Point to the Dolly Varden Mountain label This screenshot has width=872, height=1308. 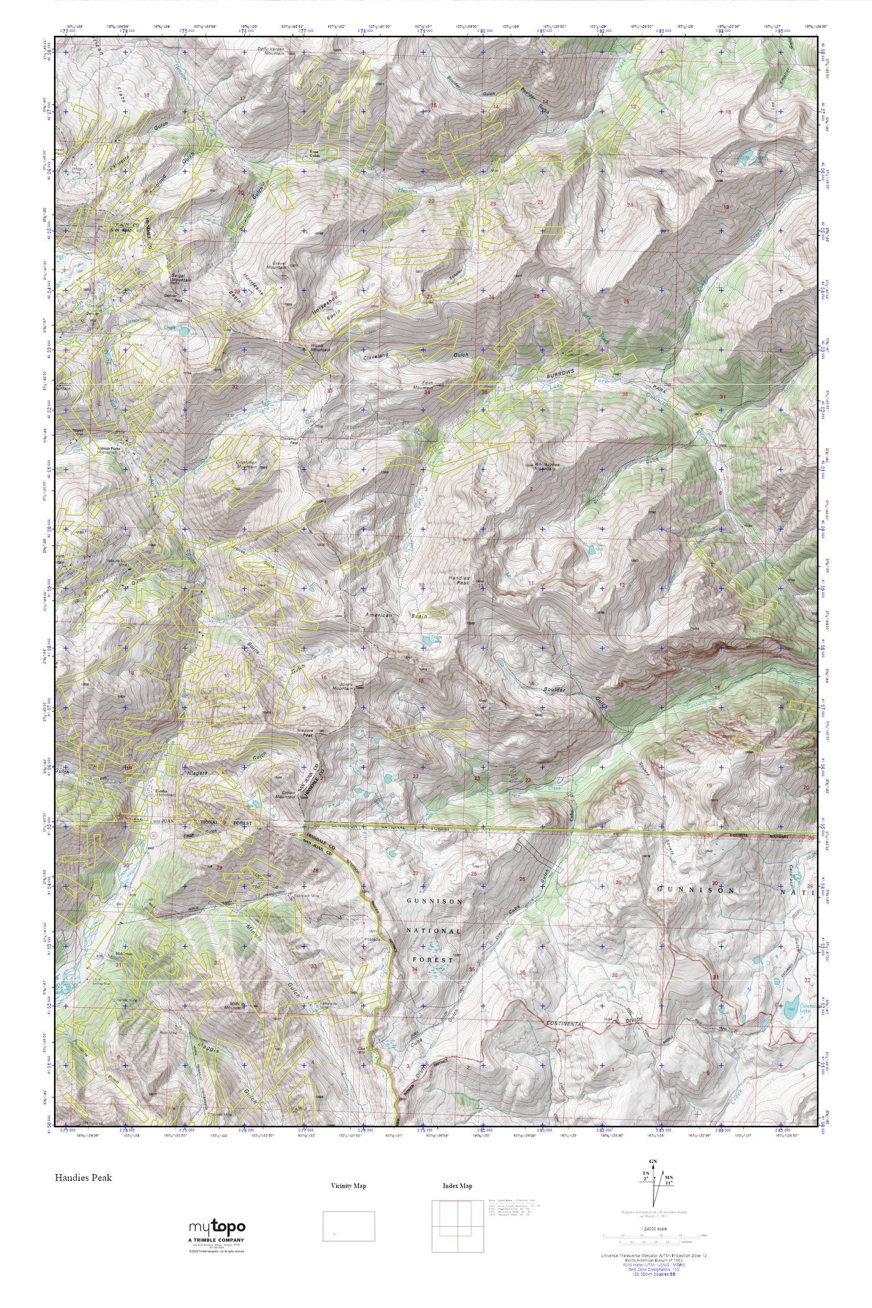pos(271,51)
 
